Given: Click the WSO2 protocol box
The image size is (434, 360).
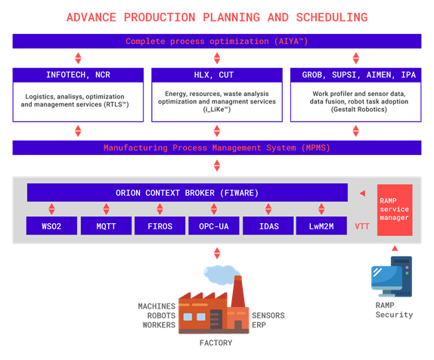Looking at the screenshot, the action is [x=51, y=225].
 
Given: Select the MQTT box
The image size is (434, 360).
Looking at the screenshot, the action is [x=106, y=225].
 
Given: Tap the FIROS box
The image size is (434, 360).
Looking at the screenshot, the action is [x=160, y=225].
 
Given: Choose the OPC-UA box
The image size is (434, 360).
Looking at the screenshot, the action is [x=214, y=225].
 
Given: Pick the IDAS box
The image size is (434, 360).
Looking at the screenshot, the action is [x=268, y=225].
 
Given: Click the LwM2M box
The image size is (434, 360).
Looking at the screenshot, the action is [x=321, y=225].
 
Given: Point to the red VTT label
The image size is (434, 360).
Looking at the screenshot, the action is [x=361, y=226].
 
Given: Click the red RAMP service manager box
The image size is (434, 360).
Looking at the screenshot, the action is [x=395, y=210].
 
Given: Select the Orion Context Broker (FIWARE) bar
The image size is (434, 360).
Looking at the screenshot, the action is [x=188, y=192].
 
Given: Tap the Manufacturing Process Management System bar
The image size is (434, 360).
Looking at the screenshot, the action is [x=217, y=147].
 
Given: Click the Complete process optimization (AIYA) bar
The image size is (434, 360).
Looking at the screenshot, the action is [x=217, y=41].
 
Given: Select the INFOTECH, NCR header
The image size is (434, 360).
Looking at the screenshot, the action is [x=78, y=75].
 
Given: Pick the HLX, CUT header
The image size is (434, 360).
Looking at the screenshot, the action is [x=217, y=75].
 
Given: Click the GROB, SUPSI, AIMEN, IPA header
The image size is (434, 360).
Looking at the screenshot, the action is [x=355, y=75].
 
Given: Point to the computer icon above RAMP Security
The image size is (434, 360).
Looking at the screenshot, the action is [x=392, y=277].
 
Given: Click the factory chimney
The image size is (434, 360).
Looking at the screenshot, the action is [x=238, y=291].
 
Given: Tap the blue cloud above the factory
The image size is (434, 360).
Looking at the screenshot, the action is [x=218, y=275].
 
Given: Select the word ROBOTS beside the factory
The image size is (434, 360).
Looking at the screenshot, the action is [x=161, y=315].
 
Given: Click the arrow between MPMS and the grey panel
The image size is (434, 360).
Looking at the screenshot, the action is [x=217, y=166].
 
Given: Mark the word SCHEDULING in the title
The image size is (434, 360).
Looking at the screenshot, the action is [x=332, y=17].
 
